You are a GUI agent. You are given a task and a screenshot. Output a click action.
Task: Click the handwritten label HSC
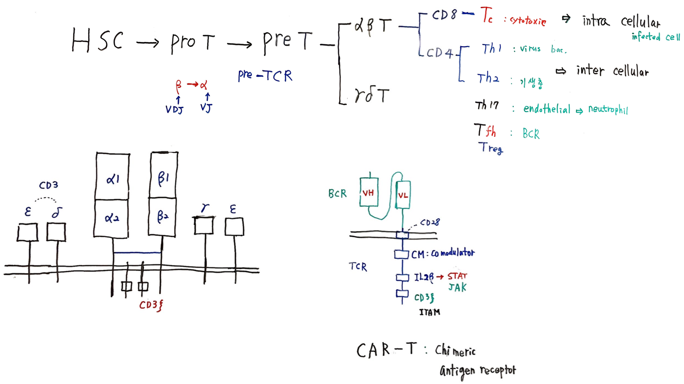(x=97, y=40)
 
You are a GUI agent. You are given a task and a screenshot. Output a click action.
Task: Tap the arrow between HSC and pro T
(x=147, y=43)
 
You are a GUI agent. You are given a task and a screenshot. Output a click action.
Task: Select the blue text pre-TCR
(x=265, y=75)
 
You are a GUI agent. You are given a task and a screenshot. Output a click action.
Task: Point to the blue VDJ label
(x=174, y=110)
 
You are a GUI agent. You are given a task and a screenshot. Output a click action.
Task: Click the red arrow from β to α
(x=193, y=84)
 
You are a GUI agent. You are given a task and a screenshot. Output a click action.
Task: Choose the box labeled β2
(x=162, y=217)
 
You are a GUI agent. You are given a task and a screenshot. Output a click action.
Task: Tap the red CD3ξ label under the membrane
(x=151, y=305)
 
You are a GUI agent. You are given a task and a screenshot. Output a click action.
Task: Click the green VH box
(x=369, y=192)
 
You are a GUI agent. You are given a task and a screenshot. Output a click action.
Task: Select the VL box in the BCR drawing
(x=403, y=195)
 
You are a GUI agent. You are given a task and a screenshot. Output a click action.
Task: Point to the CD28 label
(x=429, y=223)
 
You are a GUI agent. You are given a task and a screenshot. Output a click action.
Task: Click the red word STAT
(x=457, y=276)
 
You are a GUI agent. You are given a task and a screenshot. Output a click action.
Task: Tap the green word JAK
(x=457, y=287)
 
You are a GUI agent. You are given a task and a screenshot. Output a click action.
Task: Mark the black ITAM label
(x=429, y=312)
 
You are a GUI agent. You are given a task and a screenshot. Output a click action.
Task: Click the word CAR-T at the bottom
(x=386, y=350)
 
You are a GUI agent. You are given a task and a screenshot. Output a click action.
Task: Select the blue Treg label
(x=490, y=148)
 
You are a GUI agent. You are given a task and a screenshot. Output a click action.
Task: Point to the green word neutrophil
(x=608, y=110)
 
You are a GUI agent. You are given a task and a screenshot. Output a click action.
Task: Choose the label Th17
(x=486, y=106)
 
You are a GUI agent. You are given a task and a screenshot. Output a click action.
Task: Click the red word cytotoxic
(x=528, y=21)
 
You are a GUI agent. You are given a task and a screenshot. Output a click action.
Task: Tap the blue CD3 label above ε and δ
(x=49, y=185)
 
